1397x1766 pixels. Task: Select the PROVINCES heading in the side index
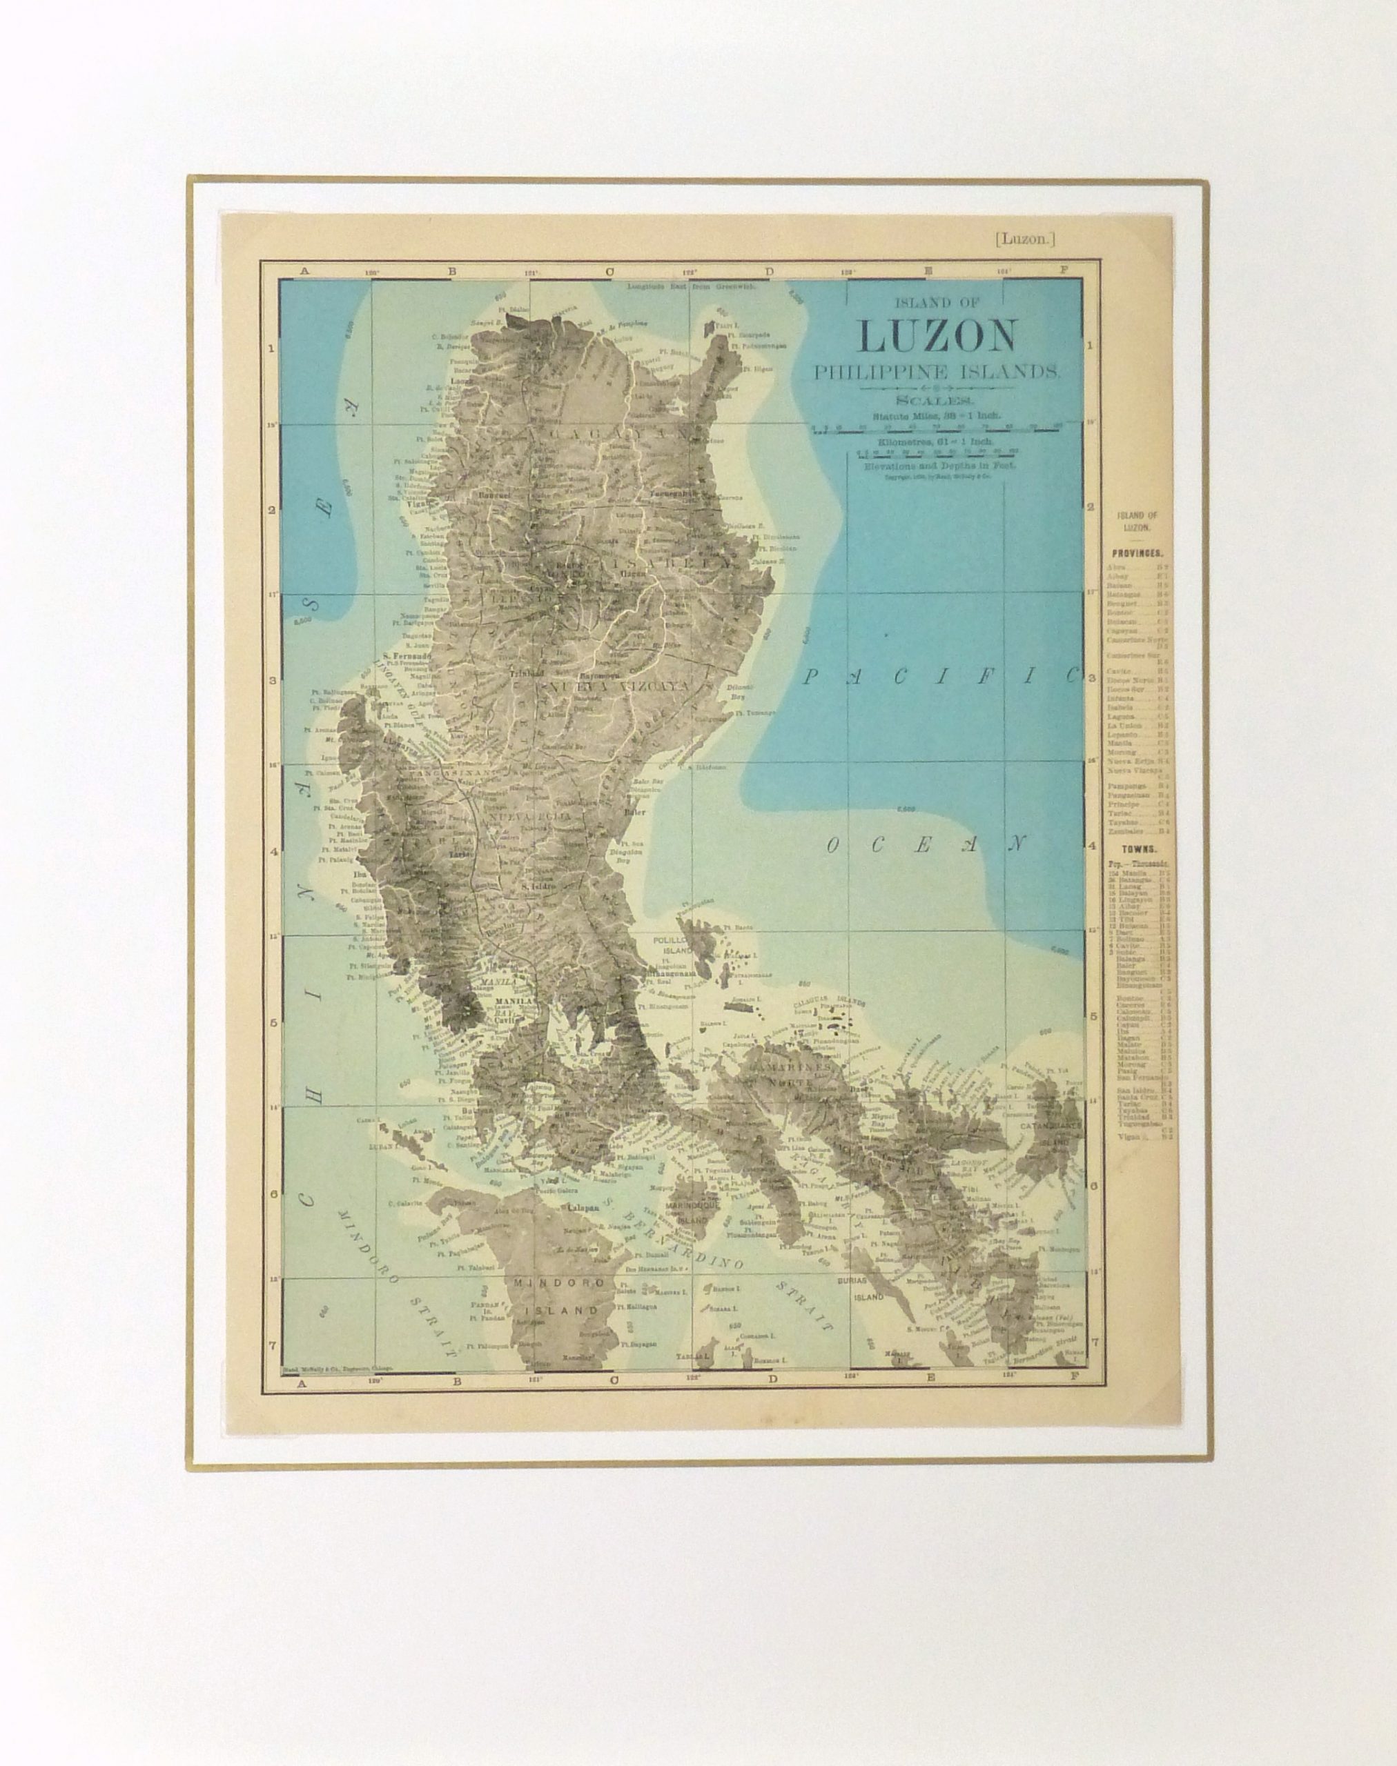tap(1137, 553)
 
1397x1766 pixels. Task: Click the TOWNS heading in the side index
tap(1136, 851)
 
